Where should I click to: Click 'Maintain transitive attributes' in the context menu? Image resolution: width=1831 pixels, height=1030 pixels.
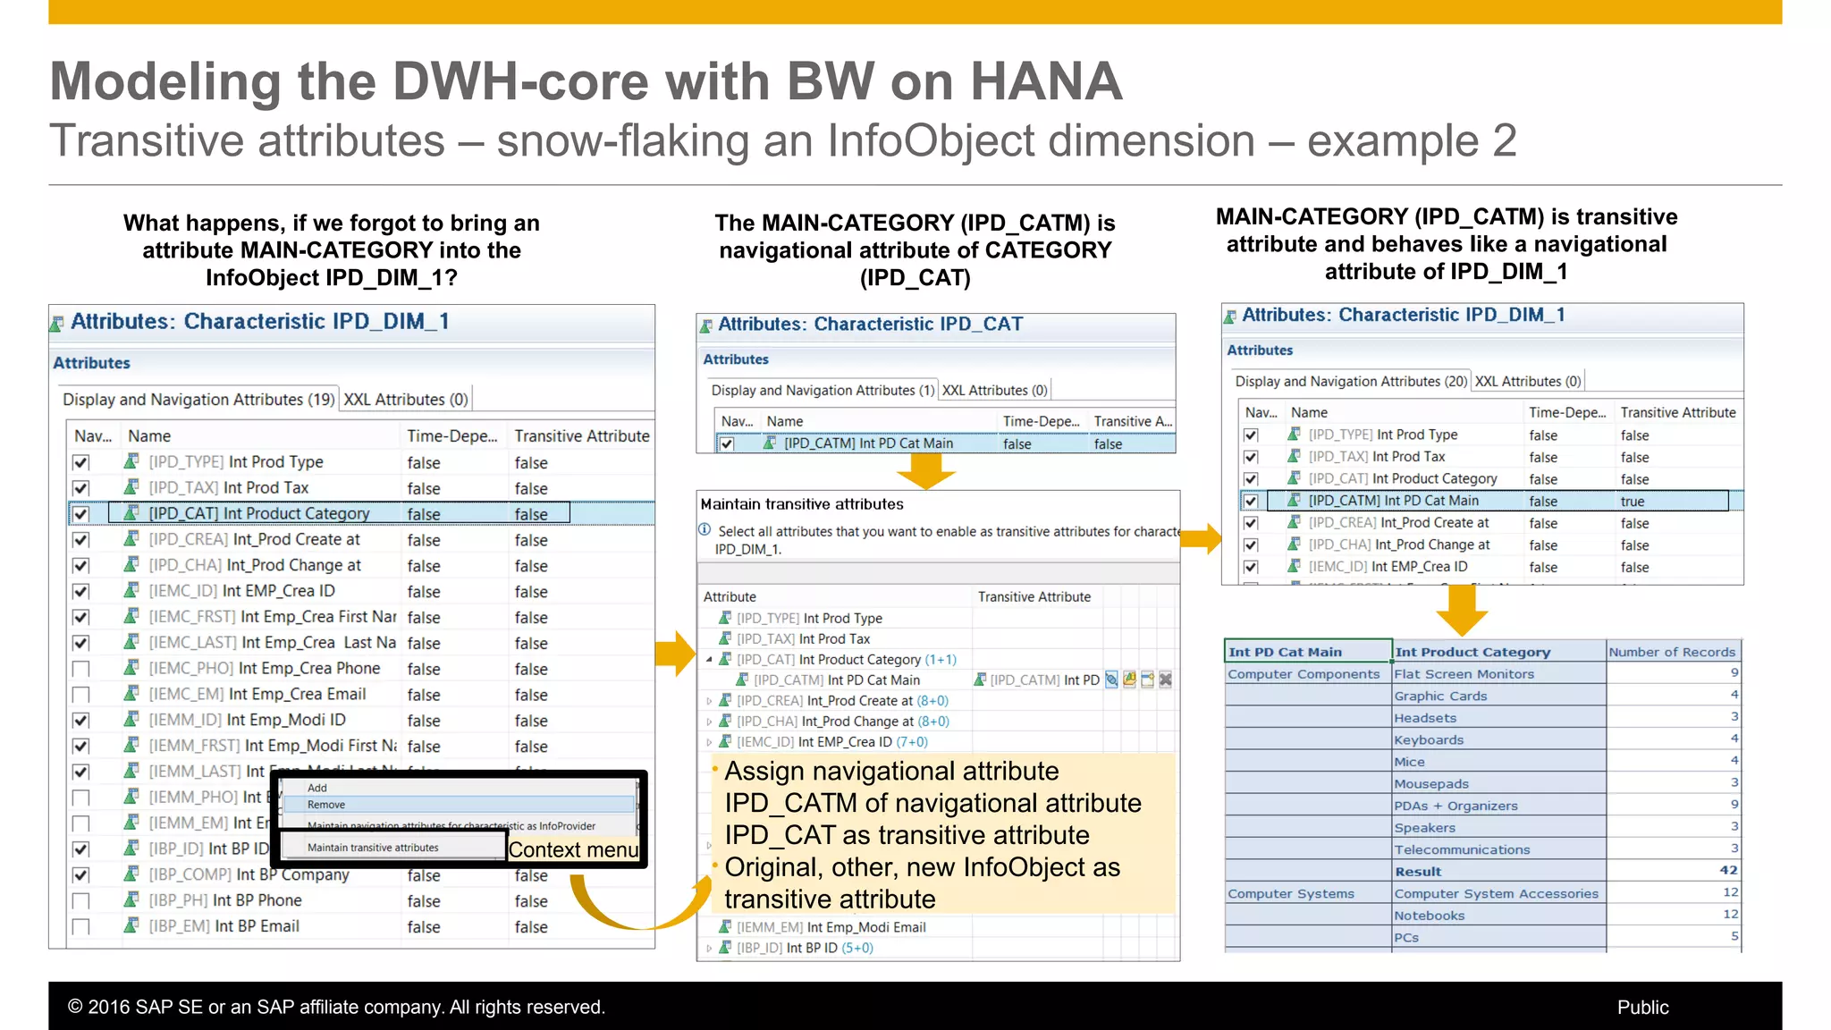374,848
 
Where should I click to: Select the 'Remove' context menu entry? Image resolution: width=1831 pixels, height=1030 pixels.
326,805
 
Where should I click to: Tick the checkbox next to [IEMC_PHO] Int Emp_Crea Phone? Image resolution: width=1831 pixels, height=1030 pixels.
81,669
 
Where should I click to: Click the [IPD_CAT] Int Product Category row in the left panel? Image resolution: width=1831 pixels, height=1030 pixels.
259,514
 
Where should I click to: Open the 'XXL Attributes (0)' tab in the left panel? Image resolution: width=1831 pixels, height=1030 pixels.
406,400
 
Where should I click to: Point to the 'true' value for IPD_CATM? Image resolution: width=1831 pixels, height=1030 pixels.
1633,502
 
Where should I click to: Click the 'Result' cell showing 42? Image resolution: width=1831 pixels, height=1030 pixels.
1728,871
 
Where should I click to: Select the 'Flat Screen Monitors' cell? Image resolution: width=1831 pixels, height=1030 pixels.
1464,674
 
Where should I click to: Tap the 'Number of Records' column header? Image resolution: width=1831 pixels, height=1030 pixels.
1671,652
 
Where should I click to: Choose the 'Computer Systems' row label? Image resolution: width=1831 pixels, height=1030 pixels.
1290,893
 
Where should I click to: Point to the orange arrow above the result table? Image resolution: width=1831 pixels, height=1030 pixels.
1462,610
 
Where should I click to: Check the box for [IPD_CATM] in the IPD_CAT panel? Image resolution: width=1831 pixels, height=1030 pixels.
727,443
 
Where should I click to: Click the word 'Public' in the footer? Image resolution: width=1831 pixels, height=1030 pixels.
1642,1007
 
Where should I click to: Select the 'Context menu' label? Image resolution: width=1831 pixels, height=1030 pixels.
574,849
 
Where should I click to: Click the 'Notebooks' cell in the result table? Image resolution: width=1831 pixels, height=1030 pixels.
1429,916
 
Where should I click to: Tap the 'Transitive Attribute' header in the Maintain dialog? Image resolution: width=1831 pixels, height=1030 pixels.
1034,596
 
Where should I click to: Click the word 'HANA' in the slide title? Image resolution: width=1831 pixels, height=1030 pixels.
1045,82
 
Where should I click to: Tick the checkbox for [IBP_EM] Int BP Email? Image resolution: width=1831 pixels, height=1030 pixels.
81,927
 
